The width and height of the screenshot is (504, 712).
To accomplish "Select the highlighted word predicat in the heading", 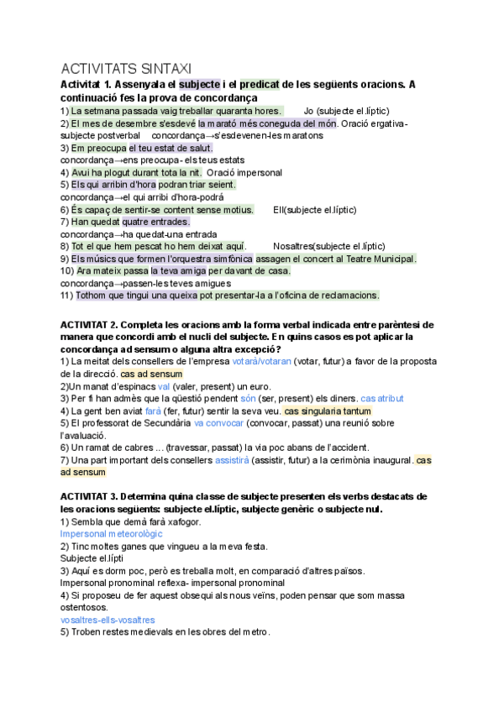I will click(x=260, y=85).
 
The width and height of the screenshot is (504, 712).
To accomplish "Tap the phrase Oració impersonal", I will click(x=244, y=172).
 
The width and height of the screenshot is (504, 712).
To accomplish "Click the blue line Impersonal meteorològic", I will click(x=112, y=534).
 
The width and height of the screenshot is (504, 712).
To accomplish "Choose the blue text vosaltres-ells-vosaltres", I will click(x=108, y=620).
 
